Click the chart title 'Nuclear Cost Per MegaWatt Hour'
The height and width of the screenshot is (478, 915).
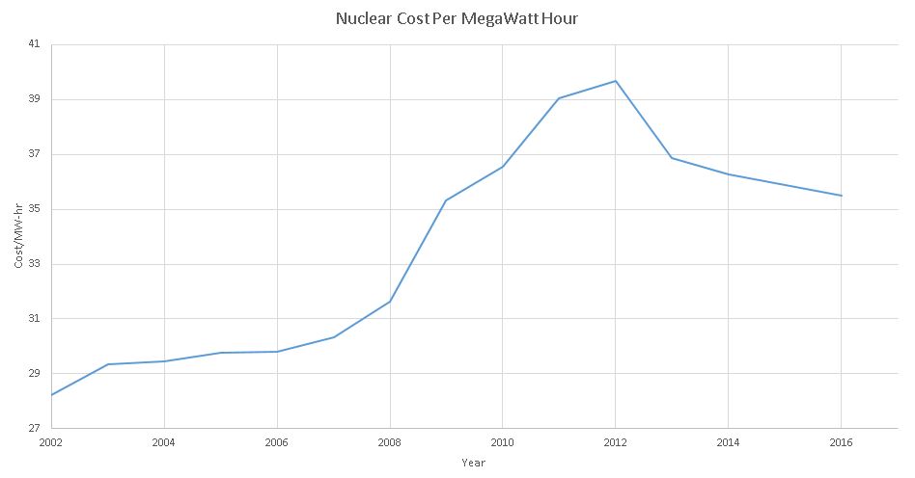457,18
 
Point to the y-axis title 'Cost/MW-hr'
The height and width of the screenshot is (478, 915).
19,237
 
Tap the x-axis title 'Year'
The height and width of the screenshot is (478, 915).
473,463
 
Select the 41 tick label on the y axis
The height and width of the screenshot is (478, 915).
35,44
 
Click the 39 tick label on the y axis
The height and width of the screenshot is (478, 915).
35,99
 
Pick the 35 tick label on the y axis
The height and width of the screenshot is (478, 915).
35,209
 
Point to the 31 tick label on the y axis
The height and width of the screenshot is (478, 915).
35,319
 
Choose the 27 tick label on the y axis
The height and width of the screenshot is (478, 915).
35,428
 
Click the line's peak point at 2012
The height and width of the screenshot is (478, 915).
616,81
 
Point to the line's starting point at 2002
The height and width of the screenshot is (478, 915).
51,395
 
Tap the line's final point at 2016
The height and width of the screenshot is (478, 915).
841,196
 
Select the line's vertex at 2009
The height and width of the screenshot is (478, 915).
446,200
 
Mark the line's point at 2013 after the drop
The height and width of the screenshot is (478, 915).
672,158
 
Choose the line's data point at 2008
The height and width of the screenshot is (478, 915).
390,302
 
